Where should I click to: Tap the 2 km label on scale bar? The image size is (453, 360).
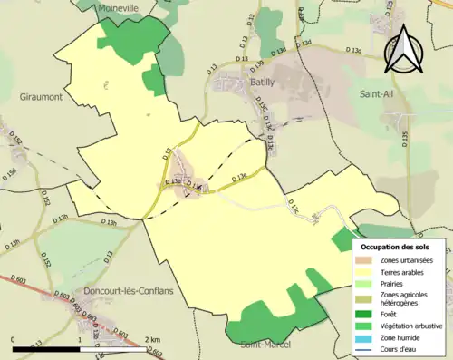pyautogui.click(x=149, y=338)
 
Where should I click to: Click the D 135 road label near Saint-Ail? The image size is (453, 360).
pyautogui.click(x=404, y=137)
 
